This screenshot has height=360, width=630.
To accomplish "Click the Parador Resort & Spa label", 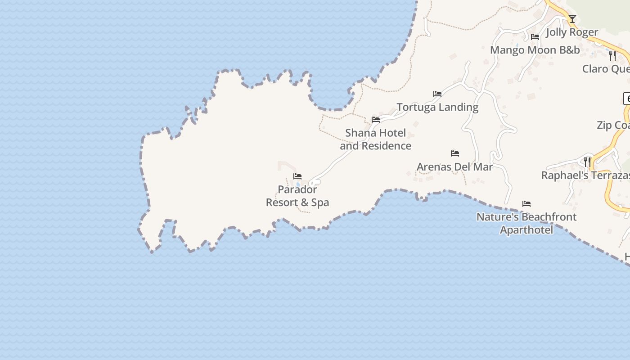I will coord(297,196).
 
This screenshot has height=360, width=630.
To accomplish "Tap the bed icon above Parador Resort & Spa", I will coord(297,176).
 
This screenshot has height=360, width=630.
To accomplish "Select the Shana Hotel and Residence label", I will coord(375,139).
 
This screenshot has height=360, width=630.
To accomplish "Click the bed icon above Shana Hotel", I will coord(376,120).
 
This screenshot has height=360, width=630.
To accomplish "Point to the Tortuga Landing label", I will coord(437,107).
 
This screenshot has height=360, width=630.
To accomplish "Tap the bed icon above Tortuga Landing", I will coord(437,94).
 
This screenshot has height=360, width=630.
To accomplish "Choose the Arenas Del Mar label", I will coord(454,167).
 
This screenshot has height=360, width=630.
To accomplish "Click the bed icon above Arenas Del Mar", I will coord(455,153).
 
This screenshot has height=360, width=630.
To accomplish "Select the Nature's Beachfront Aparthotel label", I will coord(526,223).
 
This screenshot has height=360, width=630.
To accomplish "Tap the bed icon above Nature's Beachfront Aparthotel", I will coord(526,204).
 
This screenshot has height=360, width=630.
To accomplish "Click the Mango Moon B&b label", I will coord(535,50).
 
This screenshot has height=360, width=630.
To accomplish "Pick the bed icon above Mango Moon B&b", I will coord(535,37).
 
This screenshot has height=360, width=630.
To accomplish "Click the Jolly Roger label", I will coord(572,32).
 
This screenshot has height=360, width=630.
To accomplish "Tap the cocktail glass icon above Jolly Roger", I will coord(572,19).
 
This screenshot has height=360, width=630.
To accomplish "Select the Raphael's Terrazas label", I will coord(585,175).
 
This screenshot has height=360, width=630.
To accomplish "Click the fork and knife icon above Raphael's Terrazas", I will coord(587,162).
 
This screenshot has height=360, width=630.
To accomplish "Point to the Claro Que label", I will coord(606,69).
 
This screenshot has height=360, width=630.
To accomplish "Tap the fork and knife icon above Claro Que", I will coord(612,55).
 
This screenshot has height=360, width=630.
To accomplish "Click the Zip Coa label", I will coord(613,125).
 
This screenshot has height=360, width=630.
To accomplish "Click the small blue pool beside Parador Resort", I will coord(298,184).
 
